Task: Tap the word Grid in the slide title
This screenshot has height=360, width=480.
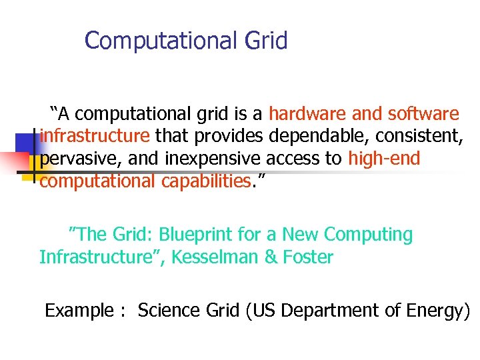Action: [266, 41]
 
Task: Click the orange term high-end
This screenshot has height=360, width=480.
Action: [384, 159]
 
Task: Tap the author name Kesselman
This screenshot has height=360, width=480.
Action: [215, 257]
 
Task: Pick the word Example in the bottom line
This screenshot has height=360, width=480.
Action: [78, 311]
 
